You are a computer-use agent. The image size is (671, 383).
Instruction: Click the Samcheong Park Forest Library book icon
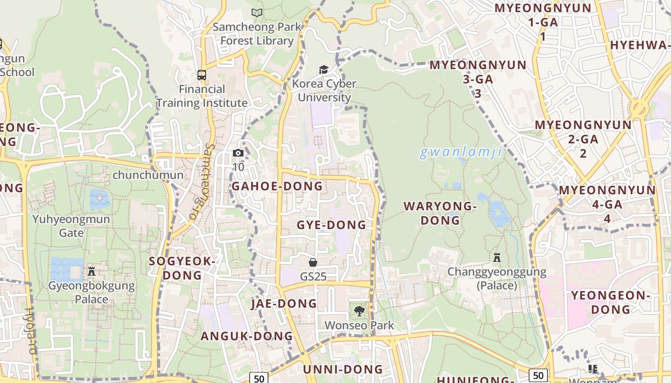click(257, 12)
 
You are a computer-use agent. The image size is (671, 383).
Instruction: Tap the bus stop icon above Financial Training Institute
click(202, 75)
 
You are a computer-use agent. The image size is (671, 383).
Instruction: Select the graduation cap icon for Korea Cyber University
click(324, 70)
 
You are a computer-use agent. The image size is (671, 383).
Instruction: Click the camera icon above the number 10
click(238, 153)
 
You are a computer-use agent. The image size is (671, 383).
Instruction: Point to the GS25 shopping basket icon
click(313, 262)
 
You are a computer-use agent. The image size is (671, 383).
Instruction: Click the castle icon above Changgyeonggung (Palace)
click(497, 258)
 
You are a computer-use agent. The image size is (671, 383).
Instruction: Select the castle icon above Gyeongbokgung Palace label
click(92, 271)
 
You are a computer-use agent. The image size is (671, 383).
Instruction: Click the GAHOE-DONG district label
click(277, 186)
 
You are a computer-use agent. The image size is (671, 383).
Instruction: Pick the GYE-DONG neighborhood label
click(331, 225)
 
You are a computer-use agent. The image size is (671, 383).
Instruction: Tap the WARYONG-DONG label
click(440, 214)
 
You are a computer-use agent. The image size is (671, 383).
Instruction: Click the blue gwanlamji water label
click(461, 153)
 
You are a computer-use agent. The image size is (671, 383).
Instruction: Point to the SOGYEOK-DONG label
click(182, 268)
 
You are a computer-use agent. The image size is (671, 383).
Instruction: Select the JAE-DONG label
click(284, 304)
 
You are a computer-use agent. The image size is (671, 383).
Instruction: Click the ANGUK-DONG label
click(246, 336)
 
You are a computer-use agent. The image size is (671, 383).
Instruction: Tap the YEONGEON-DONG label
click(610, 302)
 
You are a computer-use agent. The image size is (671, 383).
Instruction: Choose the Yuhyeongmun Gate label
click(71, 226)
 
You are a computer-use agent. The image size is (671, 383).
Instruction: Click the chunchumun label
click(148, 175)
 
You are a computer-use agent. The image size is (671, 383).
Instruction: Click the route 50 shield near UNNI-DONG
click(259, 378)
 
